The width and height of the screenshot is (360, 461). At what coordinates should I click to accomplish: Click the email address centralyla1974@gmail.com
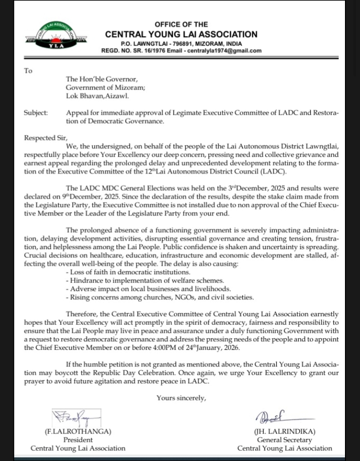tap(224, 51)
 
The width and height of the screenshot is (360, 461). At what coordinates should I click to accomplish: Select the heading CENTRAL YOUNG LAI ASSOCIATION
tap(181, 35)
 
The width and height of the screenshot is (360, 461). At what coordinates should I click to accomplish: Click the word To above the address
tap(28, 71)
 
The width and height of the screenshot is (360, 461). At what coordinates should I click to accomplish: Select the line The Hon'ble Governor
tap(102, 79)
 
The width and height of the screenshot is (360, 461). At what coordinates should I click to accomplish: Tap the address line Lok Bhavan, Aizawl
tap(97, 96)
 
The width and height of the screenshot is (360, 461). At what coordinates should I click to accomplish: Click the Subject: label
tap(36, 113)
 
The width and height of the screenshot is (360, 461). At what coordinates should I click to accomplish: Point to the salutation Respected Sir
tap(45, 138)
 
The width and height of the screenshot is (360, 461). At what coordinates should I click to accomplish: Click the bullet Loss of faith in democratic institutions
tap(128, 272)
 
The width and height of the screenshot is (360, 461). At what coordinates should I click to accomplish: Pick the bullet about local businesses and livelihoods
tap(148, 289)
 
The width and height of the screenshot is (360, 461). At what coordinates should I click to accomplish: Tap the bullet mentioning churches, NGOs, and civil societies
tap(160, 297)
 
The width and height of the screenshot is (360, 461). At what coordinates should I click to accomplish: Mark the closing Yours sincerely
tap(181, 398)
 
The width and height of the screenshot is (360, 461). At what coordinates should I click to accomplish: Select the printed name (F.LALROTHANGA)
tap(78, 431)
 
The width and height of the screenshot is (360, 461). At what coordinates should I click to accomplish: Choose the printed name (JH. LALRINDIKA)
tap(284, 431)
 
